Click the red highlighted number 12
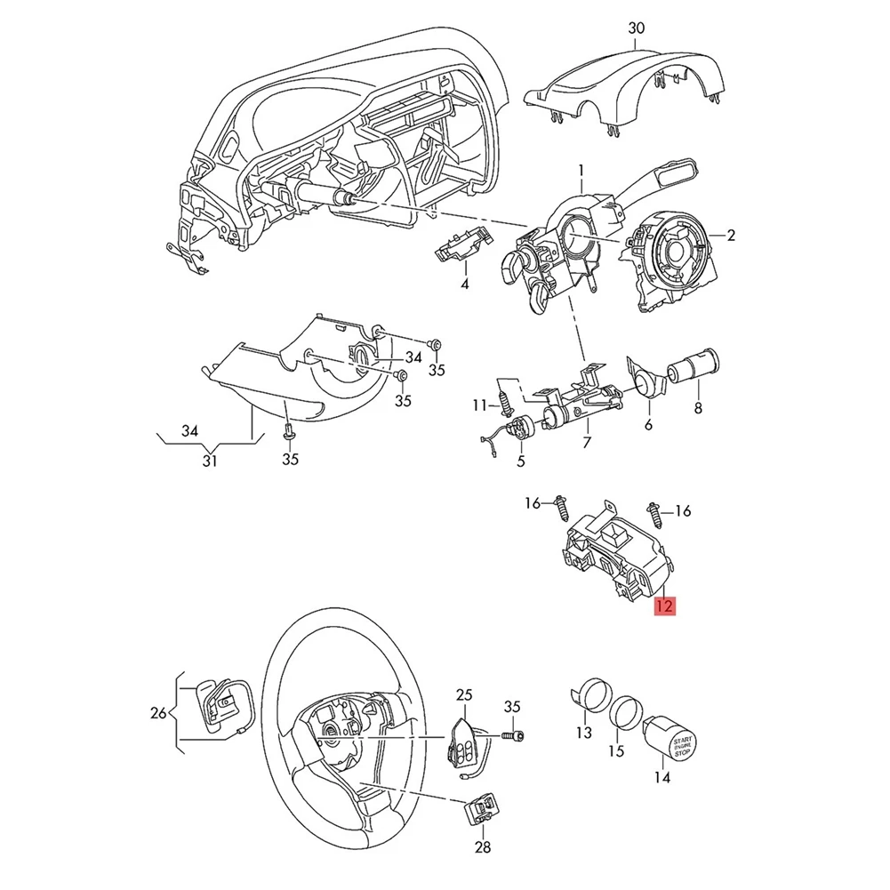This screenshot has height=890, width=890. click(664, 606)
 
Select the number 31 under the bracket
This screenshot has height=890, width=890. click(210, 460)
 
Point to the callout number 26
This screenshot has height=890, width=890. click(157, 712)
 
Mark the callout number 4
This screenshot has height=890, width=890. click(463, 285)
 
